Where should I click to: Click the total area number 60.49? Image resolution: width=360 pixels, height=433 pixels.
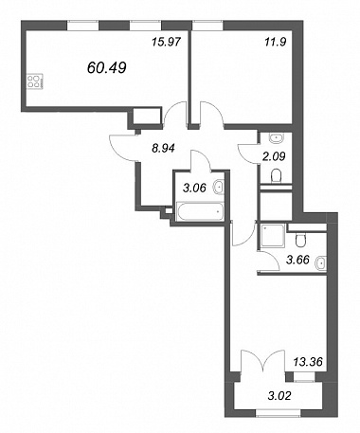[107, 67]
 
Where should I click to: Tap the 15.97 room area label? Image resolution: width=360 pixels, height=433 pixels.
[166, 42]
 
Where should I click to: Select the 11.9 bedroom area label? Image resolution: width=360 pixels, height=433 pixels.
[276, 42]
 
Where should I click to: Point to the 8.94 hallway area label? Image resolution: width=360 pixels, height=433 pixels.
[163, 148]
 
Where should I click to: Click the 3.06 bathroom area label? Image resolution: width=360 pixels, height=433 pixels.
[194, 188]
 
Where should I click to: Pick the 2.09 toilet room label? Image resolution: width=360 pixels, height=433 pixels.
[274, 156]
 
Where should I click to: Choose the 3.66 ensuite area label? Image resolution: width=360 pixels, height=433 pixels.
[297, 260]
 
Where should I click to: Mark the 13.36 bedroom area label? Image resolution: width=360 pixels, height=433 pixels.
[308, 361]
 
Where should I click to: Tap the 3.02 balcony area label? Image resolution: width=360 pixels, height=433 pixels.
[279, 395]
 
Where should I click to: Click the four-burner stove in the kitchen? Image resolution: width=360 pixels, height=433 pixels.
[34, 81]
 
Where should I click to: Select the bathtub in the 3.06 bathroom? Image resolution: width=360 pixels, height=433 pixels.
[200, 211]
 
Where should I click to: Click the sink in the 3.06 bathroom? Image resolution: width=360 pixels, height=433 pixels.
[219, 188]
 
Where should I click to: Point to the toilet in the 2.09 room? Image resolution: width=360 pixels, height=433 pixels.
[277, 176]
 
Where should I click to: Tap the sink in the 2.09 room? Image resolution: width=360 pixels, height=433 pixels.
[277, 137]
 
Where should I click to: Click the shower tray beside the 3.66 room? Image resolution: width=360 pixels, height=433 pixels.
[272, 236]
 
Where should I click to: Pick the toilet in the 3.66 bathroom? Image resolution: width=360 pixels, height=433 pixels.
[300, 240]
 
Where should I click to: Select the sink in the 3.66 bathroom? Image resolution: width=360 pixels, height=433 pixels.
[321, 262]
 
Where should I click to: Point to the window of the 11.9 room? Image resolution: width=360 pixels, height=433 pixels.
[207, 26]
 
